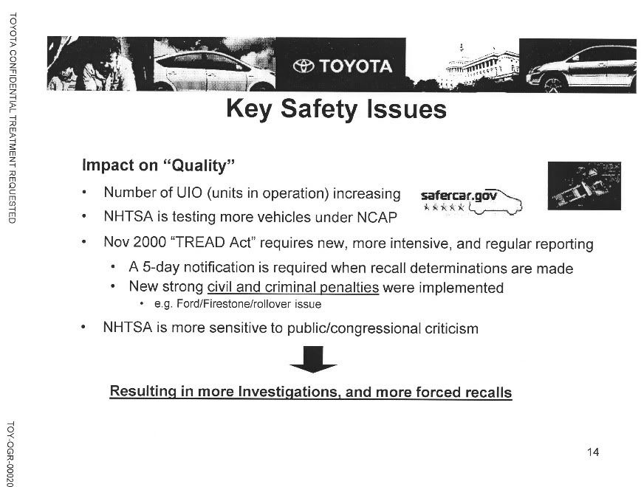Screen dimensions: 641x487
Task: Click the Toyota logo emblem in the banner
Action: tap(304, 66)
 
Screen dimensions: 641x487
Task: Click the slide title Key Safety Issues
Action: tap(336, 109)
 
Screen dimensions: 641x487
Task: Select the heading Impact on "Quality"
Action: tap(159, 165)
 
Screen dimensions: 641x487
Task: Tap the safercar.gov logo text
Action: tap(459, 196)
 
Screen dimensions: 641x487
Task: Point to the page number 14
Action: tap(593, 452)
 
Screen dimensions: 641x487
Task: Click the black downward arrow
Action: tap(312, 359)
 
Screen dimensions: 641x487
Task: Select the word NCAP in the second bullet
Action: tap(377, 218)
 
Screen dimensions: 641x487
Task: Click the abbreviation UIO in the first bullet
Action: tap(189, 193)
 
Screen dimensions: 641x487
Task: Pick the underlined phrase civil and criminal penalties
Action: tap(293, 287)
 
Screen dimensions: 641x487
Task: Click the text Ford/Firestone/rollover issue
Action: tap(249, 304)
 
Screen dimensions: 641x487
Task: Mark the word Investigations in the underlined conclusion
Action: tap(288, 391)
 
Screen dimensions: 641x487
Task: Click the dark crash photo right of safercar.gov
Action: tap(584, 186)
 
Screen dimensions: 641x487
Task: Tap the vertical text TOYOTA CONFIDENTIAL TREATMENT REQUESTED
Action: tap(13, 118)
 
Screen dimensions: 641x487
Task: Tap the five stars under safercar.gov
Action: tap(444, 207)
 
